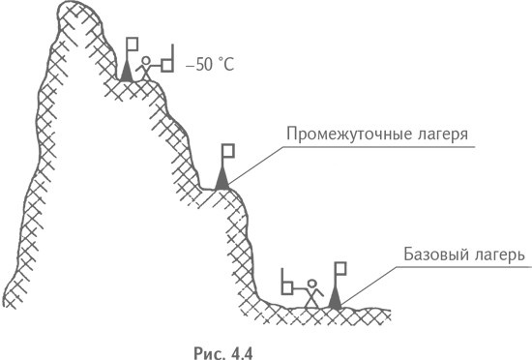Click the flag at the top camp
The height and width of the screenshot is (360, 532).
pyautogui.click(x=133, y=45)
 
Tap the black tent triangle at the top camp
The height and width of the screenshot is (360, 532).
pyautogui.click(x=127, y=71)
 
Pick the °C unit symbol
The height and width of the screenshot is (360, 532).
pyautogui.click(x=227, y=66)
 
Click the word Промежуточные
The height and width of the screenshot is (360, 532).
pyautogui.click(x=342, y=134)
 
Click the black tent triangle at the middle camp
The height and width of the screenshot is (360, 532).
pyautogui.click(x=222, y=179)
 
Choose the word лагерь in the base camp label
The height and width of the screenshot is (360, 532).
pyautogui.click(x=497, y=258)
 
